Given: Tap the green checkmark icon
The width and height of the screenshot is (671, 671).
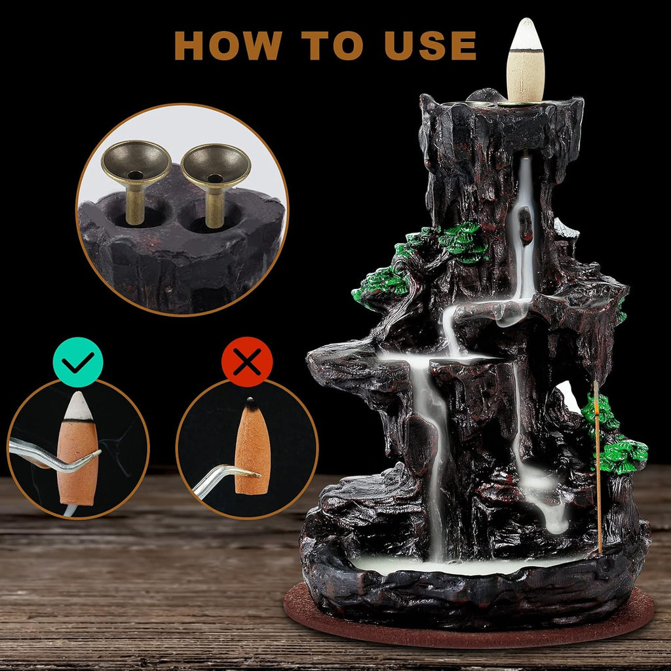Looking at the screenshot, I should pyautogui.click(x=78, y=362).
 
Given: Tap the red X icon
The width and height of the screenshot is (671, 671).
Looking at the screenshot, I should pyautogui.click(x=247, y=362).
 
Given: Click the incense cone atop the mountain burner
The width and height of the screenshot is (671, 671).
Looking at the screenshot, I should pyautogui.click(x=526, y=62).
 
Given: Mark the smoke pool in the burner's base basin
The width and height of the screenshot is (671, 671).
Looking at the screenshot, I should pyautogui.click(x=459, y=564).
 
